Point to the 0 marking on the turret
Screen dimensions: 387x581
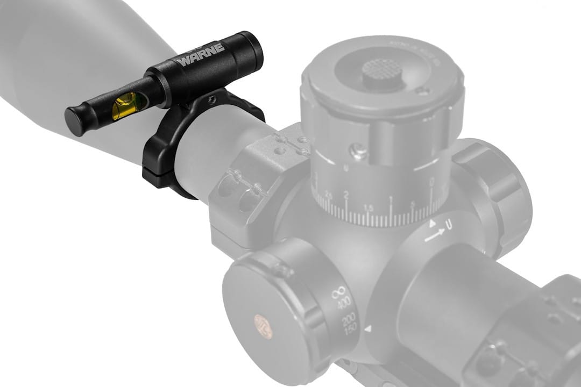click(432, 183)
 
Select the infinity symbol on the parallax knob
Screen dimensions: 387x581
click(337, 293)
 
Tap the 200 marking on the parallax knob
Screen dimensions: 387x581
click(349, 320)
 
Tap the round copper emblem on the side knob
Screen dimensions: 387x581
click(263, 326)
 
